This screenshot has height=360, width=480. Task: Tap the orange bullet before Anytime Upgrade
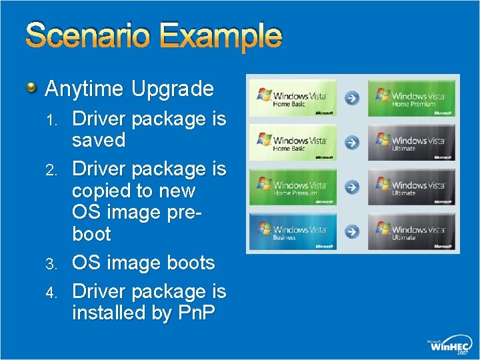(x=31, y=88)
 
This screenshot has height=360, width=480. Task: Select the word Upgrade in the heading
(x=173, y=89)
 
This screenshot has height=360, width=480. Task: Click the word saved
(x=99, y=140)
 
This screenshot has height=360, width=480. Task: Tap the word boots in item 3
(x=188, y=263)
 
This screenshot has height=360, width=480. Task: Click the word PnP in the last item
(x=197, y=312)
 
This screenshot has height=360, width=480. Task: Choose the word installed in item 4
(x=109, y=312)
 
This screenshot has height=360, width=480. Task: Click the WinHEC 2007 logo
(x=450, y=345)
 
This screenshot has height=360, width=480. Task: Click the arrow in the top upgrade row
(x=352, y=98)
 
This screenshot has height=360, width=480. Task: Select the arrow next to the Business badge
(x=352, y=231)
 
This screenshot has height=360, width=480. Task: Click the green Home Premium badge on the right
(x=413, y=98)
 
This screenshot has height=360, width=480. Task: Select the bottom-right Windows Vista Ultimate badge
(x=413, y=231)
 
